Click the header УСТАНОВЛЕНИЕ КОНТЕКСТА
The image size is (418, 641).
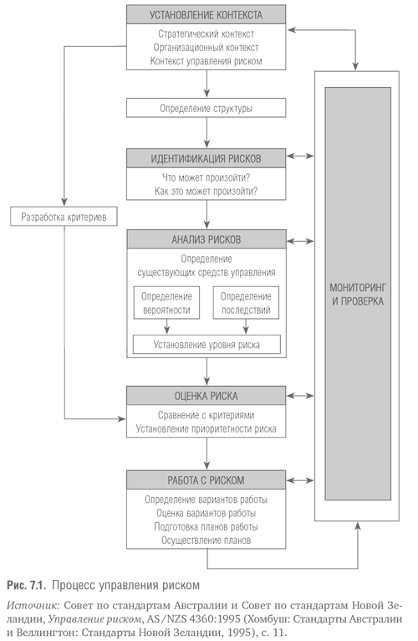click(x=206, y=15)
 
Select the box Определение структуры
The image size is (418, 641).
click(x=206, y=108)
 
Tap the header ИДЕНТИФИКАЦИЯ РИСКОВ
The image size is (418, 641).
click(x=206, y=158)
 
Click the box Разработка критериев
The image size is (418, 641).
click(x=64, y=216)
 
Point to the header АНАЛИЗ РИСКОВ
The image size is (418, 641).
click(x=206, y=239)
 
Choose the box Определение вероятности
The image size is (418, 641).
click(x=166, y=303)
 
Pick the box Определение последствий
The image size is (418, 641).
click(x=246, y=303)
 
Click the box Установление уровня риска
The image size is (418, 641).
click(x=206, y=345)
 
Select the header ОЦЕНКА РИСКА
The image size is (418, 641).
click(x=206, y=396)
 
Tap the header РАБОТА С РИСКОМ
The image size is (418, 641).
click(x=206, y=480)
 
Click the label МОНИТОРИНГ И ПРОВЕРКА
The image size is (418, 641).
click(x=358, y=295)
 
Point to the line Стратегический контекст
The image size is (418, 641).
click(x=206, y=34)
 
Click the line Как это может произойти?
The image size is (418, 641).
click(x=206, y=191)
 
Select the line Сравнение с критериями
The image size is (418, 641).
click(x=206, y=415)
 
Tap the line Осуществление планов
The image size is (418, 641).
click(x=206, y=540)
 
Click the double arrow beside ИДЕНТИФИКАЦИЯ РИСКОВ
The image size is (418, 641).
click(x=300, y=156)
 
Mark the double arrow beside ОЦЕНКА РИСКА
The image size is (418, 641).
click(x=300, y=396)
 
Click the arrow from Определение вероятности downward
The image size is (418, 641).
click(x=166, y=326)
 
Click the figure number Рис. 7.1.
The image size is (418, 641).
click(x=25, y=586)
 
